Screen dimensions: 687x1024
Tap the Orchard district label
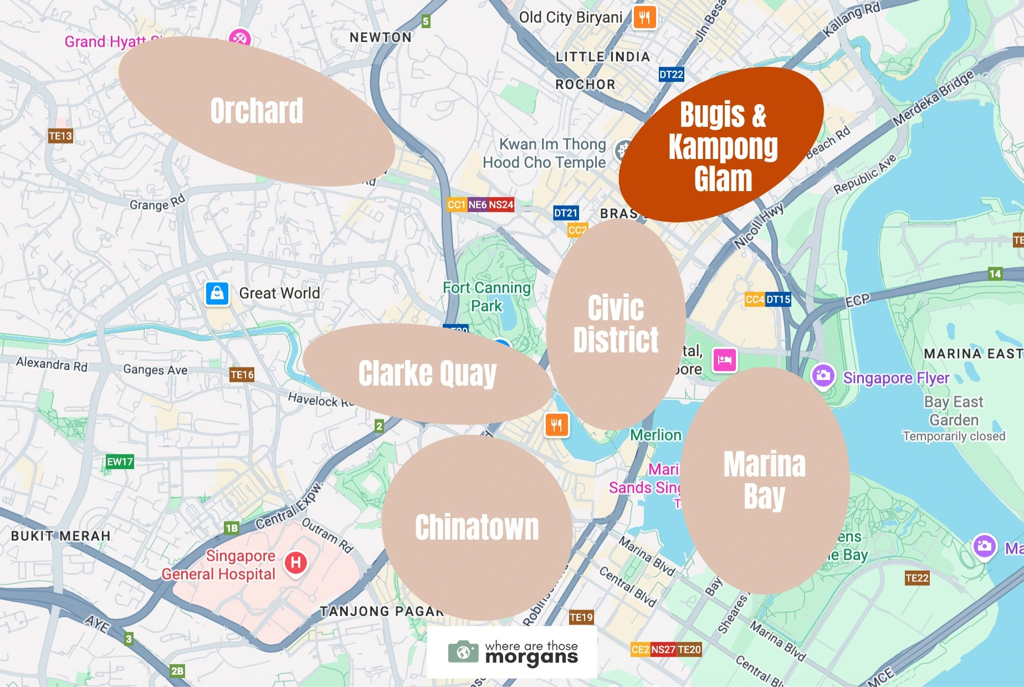click(x=257, y=111)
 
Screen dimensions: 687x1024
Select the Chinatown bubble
click(x=477, y=527)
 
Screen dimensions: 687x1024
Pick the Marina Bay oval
click(x=765, y=480)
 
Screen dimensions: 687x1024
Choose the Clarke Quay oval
click(x=427, y=374)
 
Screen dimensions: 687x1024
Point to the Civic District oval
click(x=616, y=324)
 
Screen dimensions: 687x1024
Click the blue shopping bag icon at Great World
click(x=217, y=293)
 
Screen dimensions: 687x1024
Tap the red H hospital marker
click(x=296, y=563)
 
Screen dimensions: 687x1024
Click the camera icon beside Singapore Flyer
click(x=823, y=376)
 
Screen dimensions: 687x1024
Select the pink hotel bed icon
click(x=724, y=360)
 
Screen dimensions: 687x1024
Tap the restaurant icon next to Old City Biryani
click(x=644, y=17)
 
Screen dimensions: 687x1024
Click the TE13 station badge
click(x=60, y=136)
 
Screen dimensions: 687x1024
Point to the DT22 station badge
click(x=671, y=74)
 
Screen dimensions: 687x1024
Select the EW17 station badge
click(x=120, y=462)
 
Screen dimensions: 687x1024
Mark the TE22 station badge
click(x=917, y=578)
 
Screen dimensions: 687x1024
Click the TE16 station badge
click(x=242, y=375)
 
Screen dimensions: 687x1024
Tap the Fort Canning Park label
click(x=487, y=296)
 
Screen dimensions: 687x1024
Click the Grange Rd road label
click(x=157, y=203)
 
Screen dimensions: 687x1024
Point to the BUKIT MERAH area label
click(x=61, y=536)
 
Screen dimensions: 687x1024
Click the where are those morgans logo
click(x=513, y=653)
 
